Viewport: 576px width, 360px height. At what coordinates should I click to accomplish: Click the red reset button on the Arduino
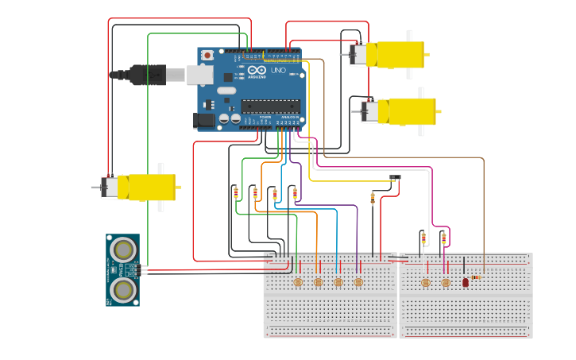[x=207, y=56]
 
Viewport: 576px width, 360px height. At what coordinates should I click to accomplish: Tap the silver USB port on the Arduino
[x=199, y=75]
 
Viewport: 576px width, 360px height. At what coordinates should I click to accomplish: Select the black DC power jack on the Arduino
[x=204, y=121]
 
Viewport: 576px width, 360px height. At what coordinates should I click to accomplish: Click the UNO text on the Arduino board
[x=277, y=71]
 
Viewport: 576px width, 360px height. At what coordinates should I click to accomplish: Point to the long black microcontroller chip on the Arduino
[x=270, y=106]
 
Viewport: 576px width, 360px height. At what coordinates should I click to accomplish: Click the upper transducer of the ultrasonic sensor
[x=123, y=250]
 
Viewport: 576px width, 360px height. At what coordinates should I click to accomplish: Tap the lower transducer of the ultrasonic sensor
[x=123, y=289]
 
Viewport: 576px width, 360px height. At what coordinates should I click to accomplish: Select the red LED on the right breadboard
[x=466, y=282]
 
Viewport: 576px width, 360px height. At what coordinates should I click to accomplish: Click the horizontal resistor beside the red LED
[x=475, y=277]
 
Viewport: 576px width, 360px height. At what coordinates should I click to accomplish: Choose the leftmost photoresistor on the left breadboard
[x=298, y=282]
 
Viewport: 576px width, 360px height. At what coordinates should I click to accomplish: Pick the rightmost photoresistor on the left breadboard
[x=358, y=282]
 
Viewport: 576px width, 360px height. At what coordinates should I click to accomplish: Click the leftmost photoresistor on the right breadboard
[x=425, y=283]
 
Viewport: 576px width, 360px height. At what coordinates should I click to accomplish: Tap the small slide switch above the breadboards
[x=395, y=177]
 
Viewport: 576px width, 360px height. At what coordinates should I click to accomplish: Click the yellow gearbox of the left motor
[x=151, y=188]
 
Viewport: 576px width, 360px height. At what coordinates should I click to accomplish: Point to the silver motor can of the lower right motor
[x=369, y=111]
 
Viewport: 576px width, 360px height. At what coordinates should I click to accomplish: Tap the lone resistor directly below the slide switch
[x=373, y=197]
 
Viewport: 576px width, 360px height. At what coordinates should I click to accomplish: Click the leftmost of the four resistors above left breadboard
[x=235, y=192]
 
